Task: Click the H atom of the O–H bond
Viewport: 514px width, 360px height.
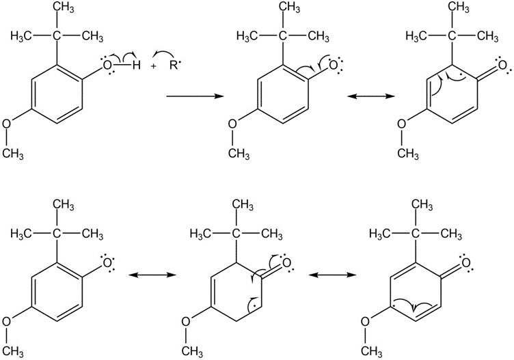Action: click(x=137, y=66)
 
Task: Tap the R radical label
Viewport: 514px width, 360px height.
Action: click(x=174, y=66)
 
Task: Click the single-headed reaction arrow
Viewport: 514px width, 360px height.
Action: click(x=195, y=96)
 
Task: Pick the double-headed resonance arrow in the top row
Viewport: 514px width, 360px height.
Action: click(x=370, y=96)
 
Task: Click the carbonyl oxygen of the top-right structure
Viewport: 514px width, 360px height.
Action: click(x=502, y=65)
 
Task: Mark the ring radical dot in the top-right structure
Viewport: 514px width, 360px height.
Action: click(x=461, y=74)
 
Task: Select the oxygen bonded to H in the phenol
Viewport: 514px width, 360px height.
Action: click(x=107, y=66)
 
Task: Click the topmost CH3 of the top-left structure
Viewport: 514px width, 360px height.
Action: click(x=64, y=8)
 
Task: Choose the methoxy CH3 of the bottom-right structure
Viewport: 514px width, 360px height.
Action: click(x=371, y=352)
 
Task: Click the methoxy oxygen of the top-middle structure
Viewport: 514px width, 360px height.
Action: click(x=232, y=124)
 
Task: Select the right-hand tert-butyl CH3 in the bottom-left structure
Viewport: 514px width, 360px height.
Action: click(x=92, y=234)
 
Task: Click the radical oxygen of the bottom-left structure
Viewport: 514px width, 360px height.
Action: click(x=107, y=263)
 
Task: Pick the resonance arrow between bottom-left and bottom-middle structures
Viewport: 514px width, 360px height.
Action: click(x=152, y=275)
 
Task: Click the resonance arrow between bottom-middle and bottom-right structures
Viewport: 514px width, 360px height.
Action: click(x=332, y=275)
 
